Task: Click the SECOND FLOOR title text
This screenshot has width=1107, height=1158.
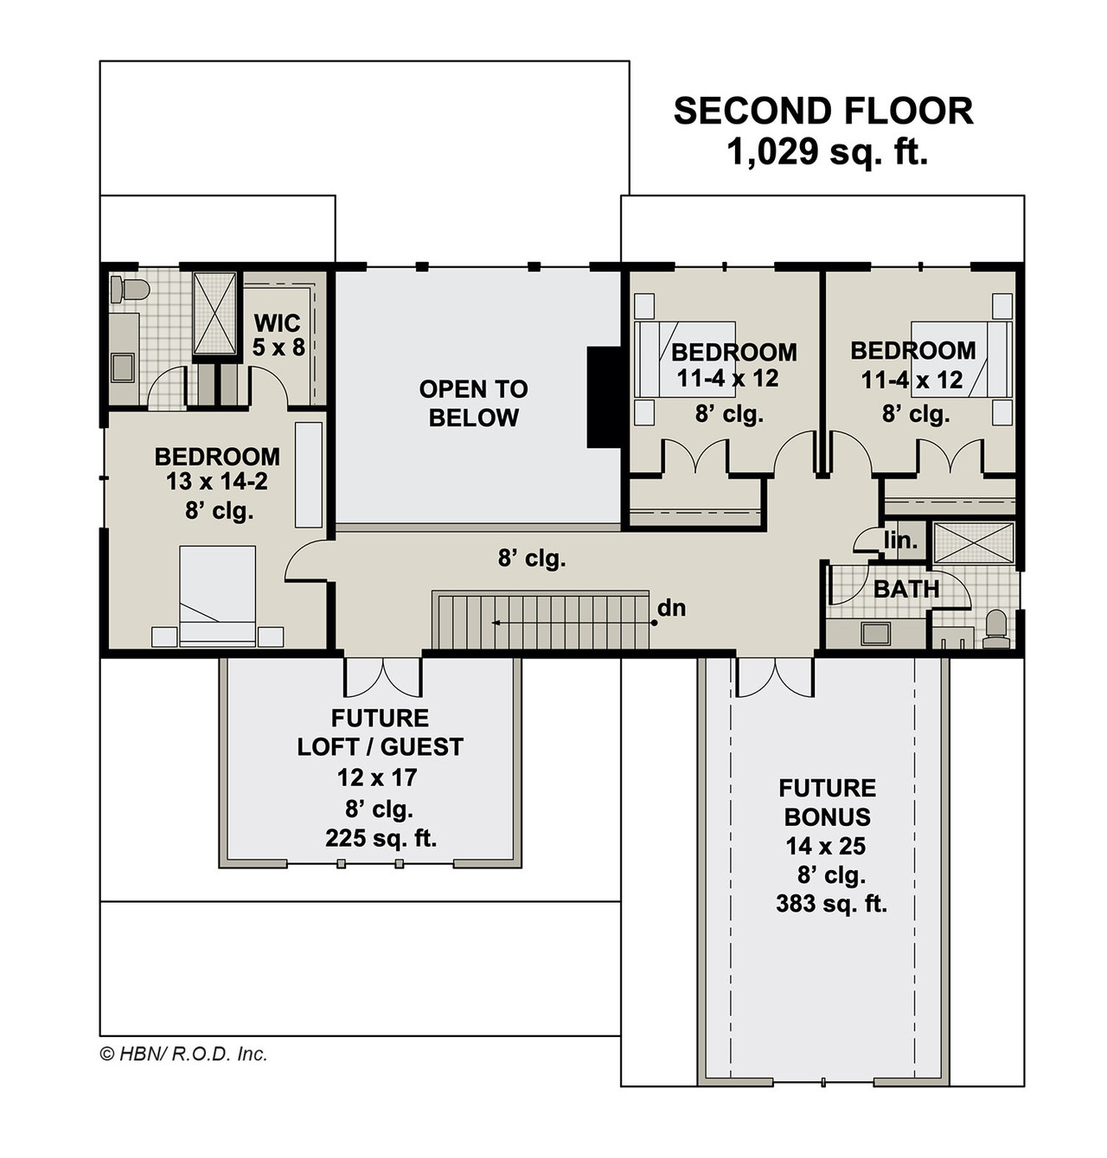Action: [x=822, y=112]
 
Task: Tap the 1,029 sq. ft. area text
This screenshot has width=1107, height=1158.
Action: [x=827, y=152]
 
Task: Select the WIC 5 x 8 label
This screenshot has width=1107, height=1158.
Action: [x=278, y=336]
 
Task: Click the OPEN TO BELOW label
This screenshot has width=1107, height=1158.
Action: [x=473, y=403]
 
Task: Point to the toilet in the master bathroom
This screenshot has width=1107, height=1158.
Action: [x=128, y=289]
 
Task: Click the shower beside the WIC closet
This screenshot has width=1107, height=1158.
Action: [x=214, y=313]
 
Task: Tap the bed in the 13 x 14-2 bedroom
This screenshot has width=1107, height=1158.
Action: [x=218, y=595]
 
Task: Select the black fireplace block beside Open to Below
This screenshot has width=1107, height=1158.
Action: [x=604, y=397]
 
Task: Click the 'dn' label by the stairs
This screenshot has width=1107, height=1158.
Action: [x=671, y=608]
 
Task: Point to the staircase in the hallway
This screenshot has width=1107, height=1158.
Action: [x=541, y=620]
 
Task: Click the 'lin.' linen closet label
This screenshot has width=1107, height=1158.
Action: [x=900, y=541]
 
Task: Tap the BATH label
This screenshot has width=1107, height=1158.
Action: [x=906, y=590]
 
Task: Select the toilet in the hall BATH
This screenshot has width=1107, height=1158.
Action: [x=996, y=629]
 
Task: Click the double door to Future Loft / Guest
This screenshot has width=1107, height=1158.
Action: [x=383, y=676]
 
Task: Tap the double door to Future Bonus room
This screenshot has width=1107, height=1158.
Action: [x=775, y=676]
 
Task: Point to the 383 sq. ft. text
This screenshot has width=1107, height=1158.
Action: [x=831, y=904]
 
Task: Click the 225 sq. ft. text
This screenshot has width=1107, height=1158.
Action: [x=381, y=838]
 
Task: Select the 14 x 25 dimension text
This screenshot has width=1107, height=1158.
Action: [x=825, y=846]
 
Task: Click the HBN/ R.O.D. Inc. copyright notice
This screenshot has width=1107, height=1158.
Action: [x=184, y=1053]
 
